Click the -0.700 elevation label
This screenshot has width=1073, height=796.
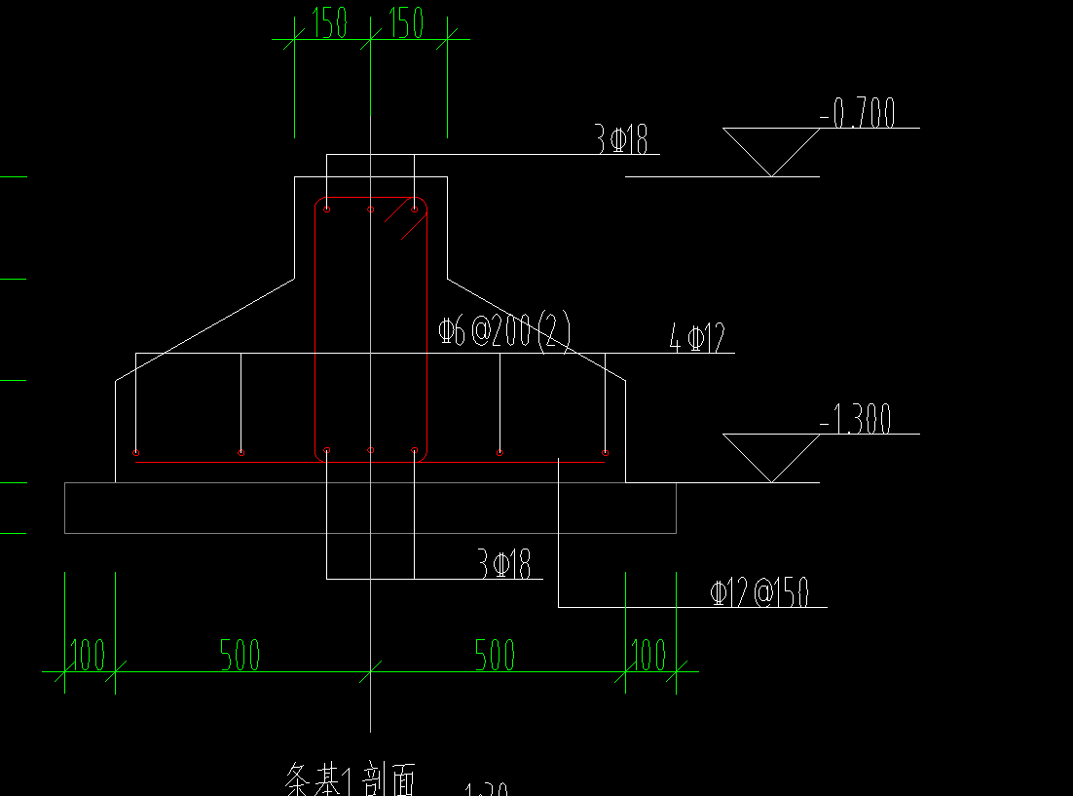[x=857, y=114]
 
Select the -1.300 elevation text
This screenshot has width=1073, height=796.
[x=856, y=421]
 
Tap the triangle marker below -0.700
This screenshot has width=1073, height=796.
[x=771, y=152]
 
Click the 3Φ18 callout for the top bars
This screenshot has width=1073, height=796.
[x=621, y=140]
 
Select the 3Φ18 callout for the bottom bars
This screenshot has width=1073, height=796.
[x=503, y=564]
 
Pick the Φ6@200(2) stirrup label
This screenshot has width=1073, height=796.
[x=504, y=331]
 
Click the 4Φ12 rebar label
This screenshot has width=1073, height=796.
[x=697, y=339]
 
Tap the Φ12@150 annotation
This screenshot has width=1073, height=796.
[x=759, y=592]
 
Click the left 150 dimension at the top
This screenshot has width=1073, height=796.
[x=330, y=23]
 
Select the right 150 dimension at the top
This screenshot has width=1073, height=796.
[x=406, y=23]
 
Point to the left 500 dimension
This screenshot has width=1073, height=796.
[x=240, y=655]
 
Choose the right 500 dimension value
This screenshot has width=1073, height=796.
[x=495, y=655]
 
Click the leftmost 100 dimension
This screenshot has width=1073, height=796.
[x=88, y=655]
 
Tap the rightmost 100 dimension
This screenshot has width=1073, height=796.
[x=648, y=655]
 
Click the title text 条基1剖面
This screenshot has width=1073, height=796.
[x=351, y=779]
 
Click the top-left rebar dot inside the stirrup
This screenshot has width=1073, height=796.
[x=327, y=208]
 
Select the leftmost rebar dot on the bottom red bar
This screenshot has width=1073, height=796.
[x=135, y=452]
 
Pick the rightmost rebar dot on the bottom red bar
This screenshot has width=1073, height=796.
[x=605, y=452]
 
